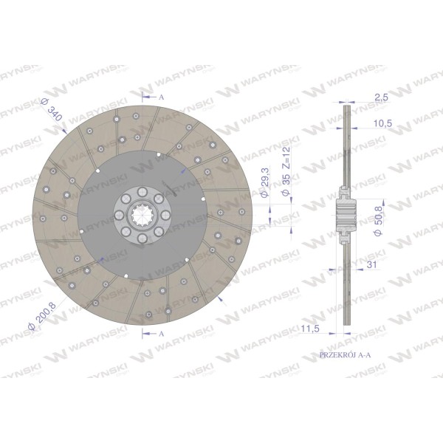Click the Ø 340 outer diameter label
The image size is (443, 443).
pos(52,109)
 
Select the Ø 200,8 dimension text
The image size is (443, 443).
pos(43,315)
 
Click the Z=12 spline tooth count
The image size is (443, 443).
pos(286,158)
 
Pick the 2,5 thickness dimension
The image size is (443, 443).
pos(382,97)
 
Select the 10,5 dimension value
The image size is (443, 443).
pos(382,123)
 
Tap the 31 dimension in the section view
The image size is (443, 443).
pos(372,264)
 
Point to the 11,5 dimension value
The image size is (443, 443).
pos(310,329)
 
